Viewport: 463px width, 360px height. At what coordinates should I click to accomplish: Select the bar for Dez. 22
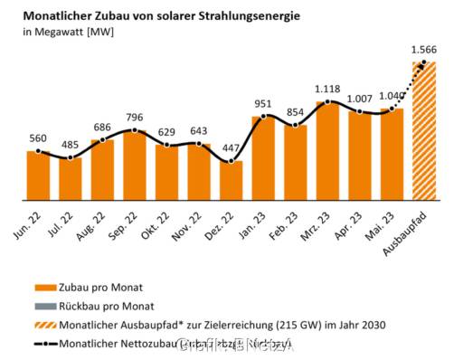point(231,180)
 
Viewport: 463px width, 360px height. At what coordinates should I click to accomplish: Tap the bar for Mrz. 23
point(327,150)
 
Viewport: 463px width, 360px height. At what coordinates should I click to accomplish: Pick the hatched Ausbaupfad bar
point(424,130)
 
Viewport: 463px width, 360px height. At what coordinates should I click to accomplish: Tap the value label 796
point(134,117)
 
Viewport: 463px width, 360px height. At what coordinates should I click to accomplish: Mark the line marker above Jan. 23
point(263,116)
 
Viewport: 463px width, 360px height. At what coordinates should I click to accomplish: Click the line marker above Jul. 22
point(70,157)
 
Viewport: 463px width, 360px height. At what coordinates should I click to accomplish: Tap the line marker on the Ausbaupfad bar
point(424,62)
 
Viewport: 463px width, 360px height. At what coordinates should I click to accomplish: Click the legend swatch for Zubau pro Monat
point(47,288)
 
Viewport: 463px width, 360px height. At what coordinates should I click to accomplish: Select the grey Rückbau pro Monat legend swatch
point(47,306)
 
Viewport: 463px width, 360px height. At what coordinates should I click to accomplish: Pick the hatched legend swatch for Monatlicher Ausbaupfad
point(47,324)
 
